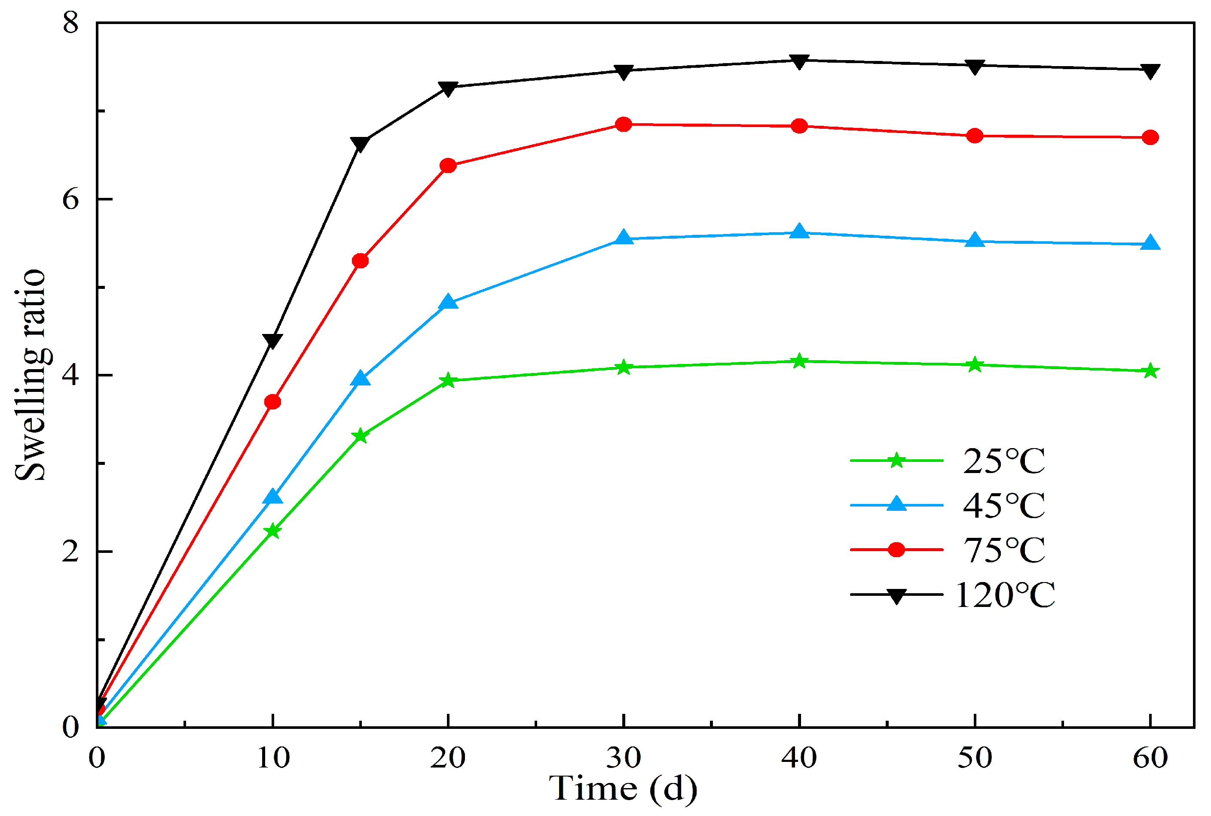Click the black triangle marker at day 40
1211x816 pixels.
799,61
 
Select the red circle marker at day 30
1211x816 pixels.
624,124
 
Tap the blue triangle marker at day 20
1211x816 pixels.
448,302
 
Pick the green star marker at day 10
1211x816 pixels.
272,531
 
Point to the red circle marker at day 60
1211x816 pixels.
1150,137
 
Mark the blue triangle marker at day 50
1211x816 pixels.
975,240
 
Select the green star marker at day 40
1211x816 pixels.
799,361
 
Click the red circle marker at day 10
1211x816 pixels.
272,402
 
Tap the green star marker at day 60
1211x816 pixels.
1150,371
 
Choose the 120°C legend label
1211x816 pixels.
1004,595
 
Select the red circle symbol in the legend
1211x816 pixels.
896,549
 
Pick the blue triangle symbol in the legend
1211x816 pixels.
896,504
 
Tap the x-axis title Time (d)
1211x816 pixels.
623,788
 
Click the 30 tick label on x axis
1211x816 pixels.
624,758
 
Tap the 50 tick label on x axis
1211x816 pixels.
975,758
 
